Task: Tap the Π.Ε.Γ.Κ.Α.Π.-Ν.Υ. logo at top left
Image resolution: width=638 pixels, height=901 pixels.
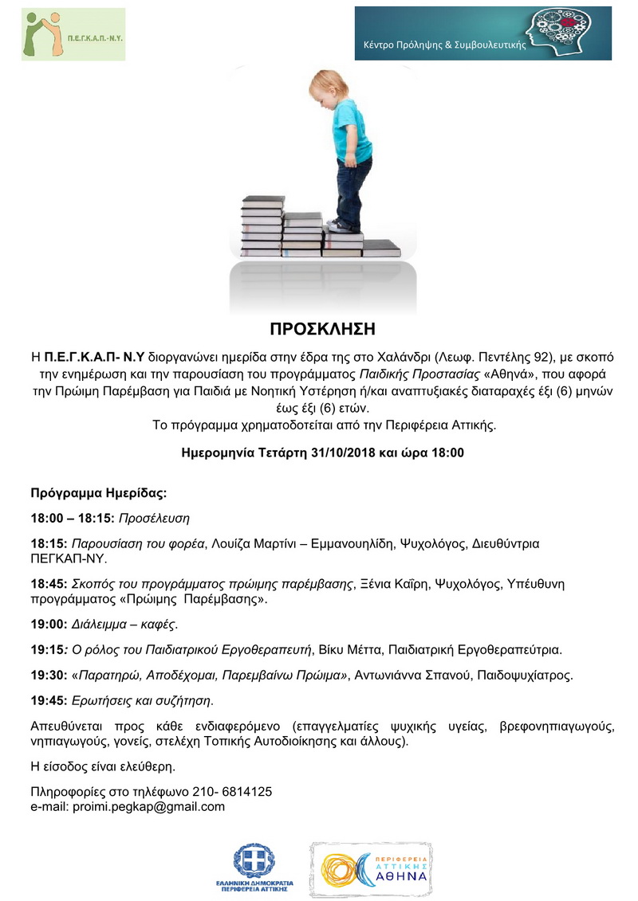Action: [73, 34]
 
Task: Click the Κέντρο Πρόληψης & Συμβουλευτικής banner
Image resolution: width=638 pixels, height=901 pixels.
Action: [482, 33]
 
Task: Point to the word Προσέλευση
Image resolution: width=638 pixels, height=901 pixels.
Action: [154, 518]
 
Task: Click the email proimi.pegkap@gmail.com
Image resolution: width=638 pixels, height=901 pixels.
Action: [148, 806]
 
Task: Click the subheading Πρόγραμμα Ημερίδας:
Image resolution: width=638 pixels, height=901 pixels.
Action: [99, 492]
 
